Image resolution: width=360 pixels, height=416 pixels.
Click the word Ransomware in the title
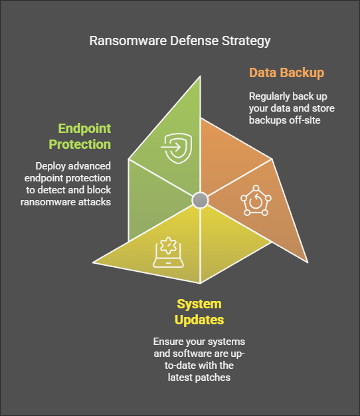128,41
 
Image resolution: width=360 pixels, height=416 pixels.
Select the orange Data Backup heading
286,73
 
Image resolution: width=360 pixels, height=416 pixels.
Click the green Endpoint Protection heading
80,136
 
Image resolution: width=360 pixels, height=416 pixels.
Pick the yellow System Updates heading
199,312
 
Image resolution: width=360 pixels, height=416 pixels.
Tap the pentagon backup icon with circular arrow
256,201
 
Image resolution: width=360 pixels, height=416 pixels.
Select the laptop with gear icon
168,253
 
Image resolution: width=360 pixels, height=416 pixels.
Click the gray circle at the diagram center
200,200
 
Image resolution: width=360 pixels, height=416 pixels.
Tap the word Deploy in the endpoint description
50,166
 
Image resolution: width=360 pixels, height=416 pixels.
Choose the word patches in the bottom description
215,377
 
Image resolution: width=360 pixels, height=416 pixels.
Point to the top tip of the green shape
200,76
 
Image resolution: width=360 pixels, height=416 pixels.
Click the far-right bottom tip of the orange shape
308,262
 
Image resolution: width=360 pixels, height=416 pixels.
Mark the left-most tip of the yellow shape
93,262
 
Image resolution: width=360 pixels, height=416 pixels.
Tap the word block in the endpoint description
99,190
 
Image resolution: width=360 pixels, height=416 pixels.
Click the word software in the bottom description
192,354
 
